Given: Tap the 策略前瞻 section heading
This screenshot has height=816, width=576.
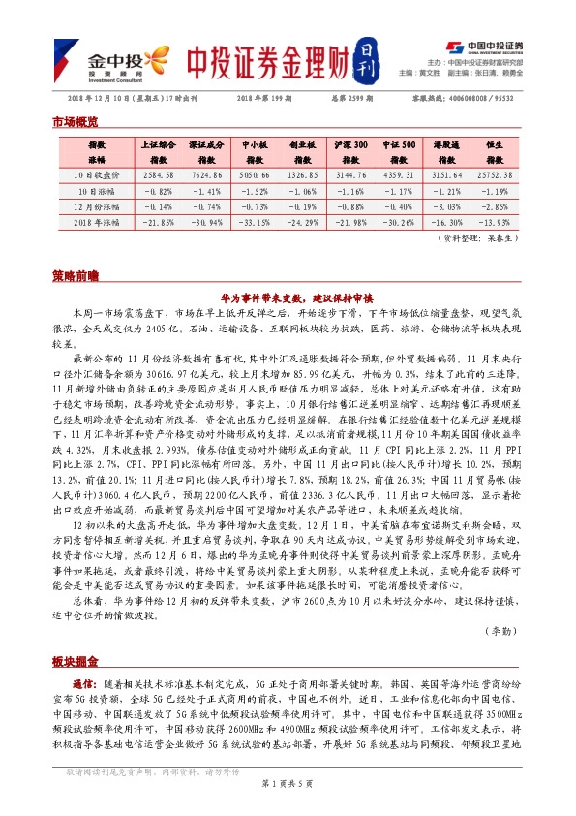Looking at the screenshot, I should (74, 276).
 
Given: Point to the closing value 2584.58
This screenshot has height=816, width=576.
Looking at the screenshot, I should (158, 175).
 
